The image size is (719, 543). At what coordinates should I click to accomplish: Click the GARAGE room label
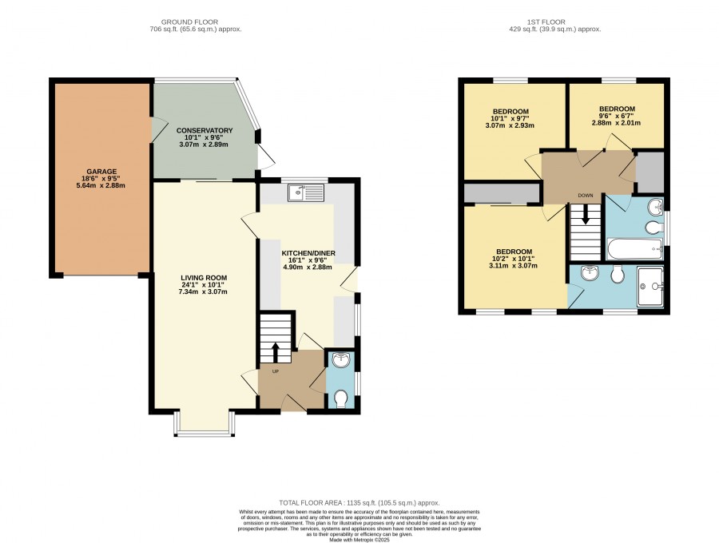click(x=101, y=172)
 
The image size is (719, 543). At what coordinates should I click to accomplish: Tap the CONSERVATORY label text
click(x=205, y=131)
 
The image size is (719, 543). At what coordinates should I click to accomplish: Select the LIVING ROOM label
click(x=204, y=278)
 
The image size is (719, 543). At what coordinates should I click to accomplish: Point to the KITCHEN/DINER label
click(x=308, y=253)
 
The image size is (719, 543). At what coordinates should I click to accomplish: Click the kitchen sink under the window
click(x=306, y=193)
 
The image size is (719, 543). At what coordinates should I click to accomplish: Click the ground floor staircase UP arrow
click(x=276, y=353)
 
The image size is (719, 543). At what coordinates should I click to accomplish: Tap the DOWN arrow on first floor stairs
click(x=585, y=215)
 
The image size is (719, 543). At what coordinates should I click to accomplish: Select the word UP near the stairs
click(x=276, y=371)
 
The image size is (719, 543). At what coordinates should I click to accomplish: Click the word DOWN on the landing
click(x=586, y=196)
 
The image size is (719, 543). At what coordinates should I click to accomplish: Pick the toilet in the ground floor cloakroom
click(x=340, y=398)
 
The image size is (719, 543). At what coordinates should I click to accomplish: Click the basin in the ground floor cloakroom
click(x=341, y=360)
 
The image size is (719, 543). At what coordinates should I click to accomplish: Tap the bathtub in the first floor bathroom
click(x=634, y=249)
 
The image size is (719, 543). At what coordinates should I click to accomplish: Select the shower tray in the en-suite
click(x=650, y=287)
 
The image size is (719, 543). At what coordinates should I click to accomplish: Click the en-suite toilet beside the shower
click(x=618, y=275)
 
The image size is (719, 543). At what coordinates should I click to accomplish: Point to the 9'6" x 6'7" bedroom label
click(x=617, y=116)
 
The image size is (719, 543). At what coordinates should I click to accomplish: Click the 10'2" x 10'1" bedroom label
click(x=514, y=259)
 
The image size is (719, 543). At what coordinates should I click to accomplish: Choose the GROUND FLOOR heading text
click(x=189, y=22)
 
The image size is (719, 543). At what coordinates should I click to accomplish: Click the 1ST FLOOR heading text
click(x=546, y=22)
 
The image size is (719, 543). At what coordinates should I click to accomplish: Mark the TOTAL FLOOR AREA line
click(x=359, y=503)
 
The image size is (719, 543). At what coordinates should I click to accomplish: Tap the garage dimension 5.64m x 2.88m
click(x=101, y=185)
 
